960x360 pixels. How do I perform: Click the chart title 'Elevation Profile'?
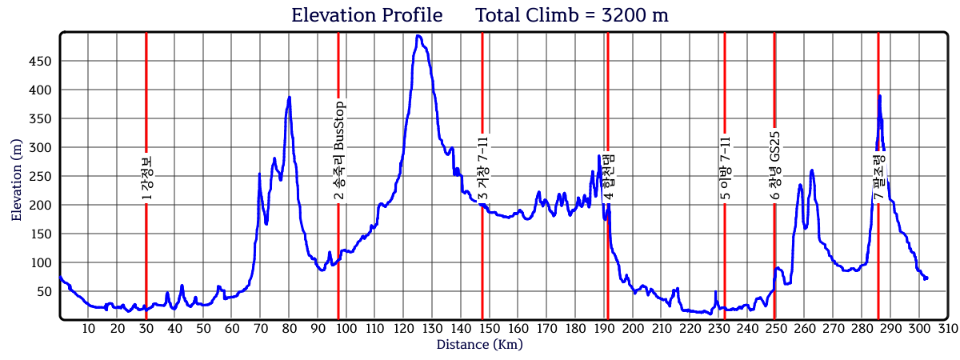click(366, 15)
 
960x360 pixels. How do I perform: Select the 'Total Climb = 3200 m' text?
click(572, 15)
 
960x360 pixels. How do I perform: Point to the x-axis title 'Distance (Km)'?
click(479, 345)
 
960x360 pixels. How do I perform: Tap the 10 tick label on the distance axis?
click(89, 329)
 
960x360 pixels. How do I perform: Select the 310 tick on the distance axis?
click(948, 329)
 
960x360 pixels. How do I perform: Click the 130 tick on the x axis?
click(433, 329)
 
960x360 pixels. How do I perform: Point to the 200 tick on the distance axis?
click(634, 329)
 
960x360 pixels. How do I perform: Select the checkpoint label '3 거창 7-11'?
click(482, 168)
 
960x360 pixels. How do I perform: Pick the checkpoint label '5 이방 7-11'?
click(725, 168)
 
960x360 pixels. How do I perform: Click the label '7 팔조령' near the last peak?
click(878, 178)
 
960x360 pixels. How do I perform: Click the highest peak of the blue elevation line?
click(418, 35)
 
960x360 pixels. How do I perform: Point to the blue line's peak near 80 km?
click(289, 97)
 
